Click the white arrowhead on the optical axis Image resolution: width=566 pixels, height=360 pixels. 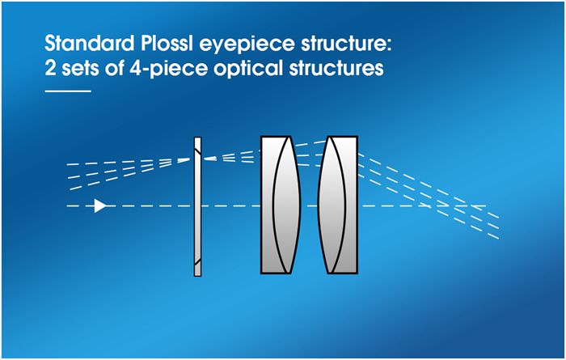99,205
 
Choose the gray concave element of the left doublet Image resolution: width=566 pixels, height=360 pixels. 269,205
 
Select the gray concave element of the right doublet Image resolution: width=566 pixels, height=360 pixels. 348,205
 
